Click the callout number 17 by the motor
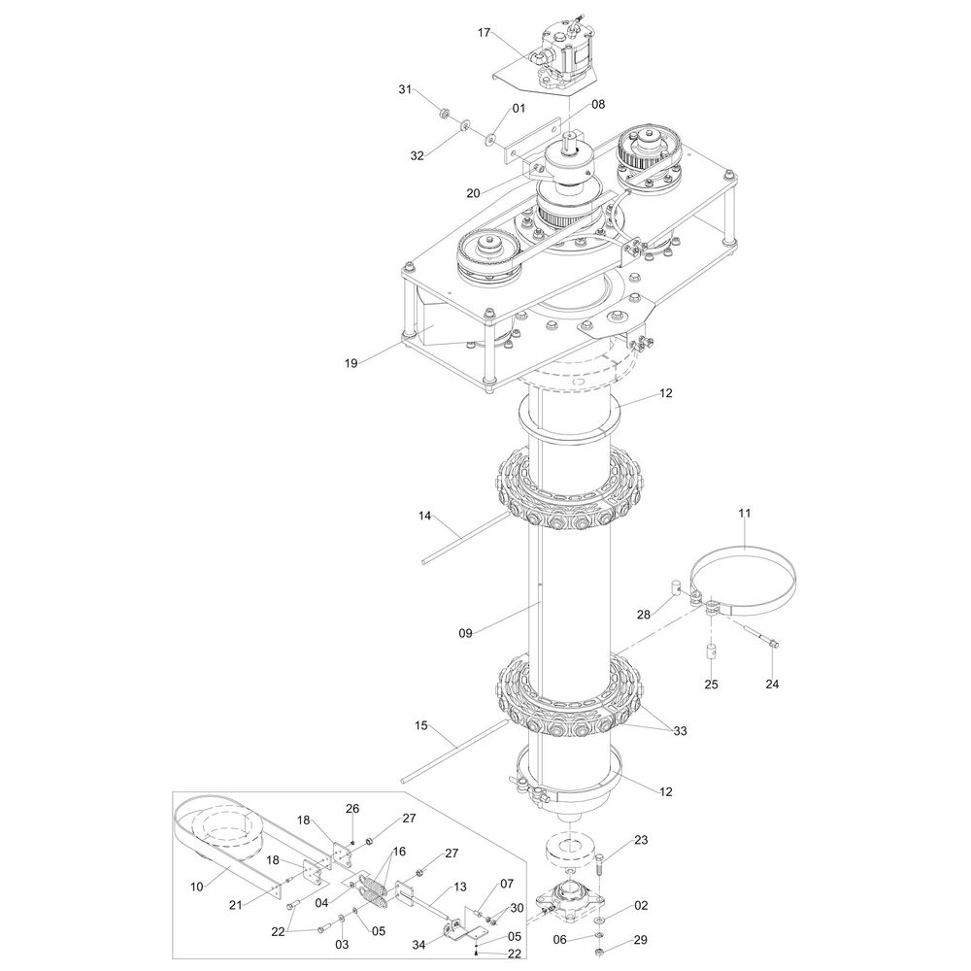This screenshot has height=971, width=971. [485, 33]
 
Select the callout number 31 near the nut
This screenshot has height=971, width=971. [405, 89]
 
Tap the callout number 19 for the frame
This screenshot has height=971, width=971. [352, 363]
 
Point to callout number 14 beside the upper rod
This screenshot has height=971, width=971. [424, 516]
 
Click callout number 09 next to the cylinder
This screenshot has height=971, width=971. [466, 633]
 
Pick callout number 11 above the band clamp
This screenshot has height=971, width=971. [745, 514]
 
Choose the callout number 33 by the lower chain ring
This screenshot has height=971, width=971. [680, 731]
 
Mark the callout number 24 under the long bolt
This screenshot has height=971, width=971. [772, 685]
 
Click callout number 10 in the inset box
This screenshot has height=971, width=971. [196, 887]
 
